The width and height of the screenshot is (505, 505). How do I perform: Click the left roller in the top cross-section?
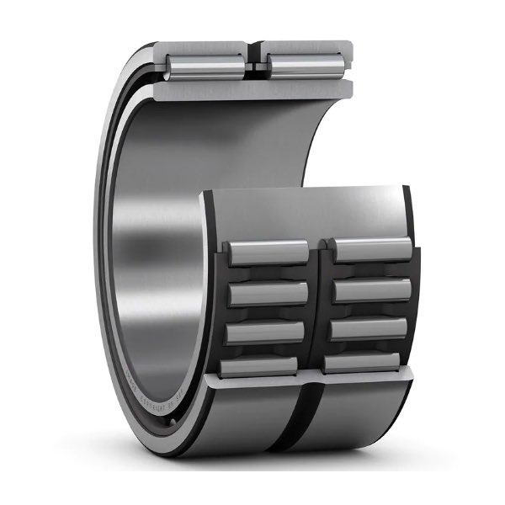(209, 62)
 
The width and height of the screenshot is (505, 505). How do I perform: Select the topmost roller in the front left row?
(268, 252)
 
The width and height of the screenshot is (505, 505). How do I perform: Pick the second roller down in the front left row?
(268, 293)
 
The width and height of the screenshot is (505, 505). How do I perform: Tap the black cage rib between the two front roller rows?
(318, 303)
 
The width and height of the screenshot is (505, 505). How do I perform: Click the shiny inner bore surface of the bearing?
(160, 252)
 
